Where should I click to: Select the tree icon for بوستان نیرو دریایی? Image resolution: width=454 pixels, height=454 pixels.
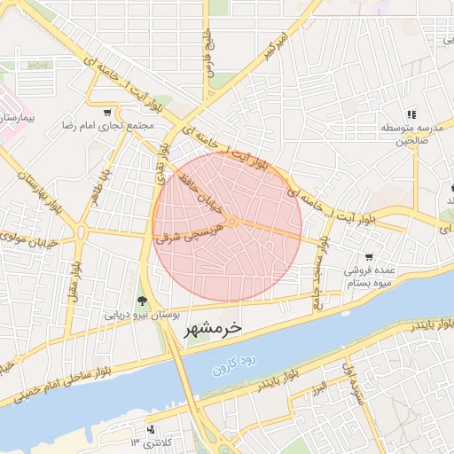142,301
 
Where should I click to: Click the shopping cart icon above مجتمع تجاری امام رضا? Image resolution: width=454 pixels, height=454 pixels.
108,113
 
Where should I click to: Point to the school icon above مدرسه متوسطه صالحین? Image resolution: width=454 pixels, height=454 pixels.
411,114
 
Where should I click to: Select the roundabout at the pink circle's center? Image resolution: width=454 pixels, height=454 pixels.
231,221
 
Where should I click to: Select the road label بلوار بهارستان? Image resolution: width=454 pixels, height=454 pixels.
31,190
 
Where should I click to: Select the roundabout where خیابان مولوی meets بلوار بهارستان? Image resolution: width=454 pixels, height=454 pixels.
82,234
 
